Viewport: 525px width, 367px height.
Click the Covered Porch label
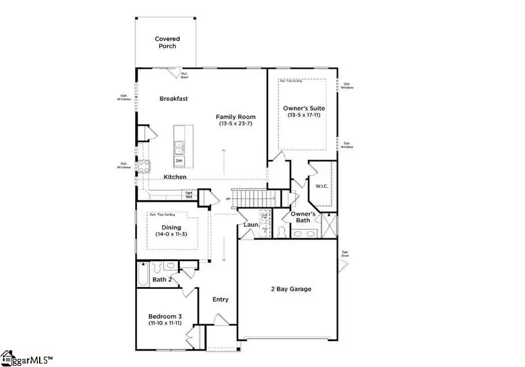coord(166,43)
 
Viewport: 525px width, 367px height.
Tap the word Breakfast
coord(174,99)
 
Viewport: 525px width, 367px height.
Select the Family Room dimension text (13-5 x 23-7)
coord(236,124)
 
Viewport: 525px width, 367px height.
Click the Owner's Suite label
coord(304,108)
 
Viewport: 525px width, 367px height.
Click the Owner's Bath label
coord(303,217)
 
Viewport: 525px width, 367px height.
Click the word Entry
coord(220,299)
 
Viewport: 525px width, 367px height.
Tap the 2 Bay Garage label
coord(290,289)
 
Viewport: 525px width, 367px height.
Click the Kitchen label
coord(175,177)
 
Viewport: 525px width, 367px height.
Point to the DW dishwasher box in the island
coord(178,160)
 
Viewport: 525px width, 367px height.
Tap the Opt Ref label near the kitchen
coord(188,195)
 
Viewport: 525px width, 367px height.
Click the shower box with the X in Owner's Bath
coord(329,225)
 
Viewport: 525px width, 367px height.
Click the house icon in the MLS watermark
coord(7,356)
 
